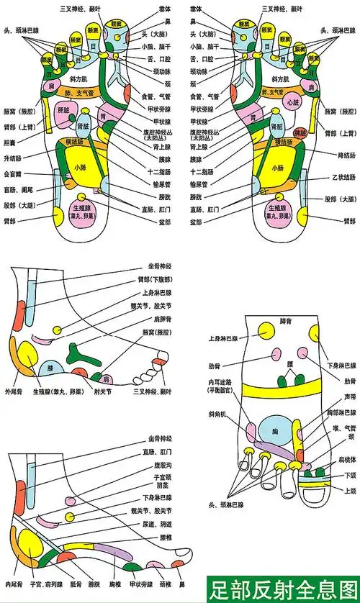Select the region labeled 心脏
(x=292, y=104)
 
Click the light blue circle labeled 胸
(x=274, y=434)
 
